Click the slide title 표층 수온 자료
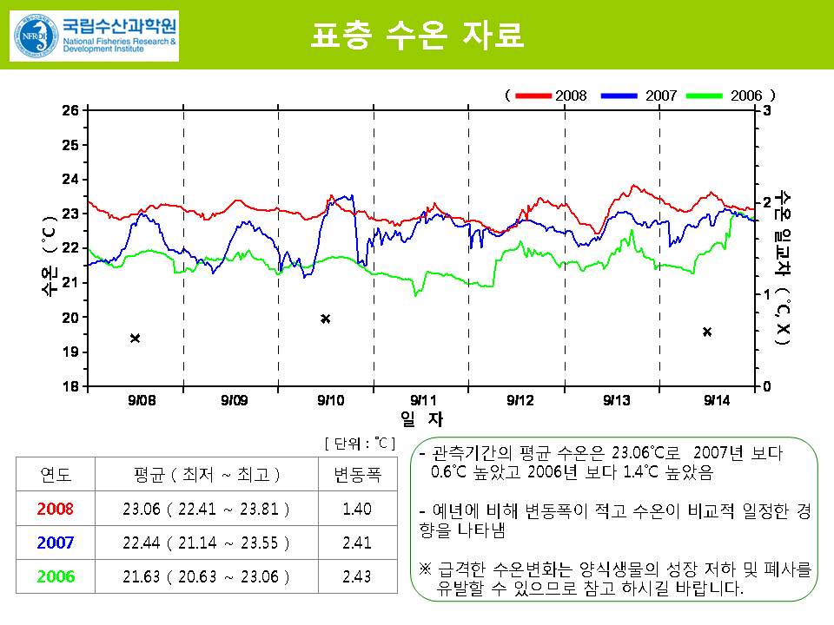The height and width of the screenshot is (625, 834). pos(418,36)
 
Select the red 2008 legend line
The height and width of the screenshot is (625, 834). pos(533,95)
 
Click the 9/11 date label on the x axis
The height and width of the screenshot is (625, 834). pos(423,400)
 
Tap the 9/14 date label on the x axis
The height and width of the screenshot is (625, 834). pos(717,400)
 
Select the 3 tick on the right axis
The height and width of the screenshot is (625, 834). pos(767,110)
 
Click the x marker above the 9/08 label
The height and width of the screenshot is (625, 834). pos(135,338)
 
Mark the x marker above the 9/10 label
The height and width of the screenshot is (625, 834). pos(326,319)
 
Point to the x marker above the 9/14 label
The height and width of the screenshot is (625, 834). pos(707,332)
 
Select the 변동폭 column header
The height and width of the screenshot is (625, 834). pos(357,475)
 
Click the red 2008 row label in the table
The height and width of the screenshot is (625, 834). pos(56,509)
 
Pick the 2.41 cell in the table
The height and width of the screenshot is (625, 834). pos(357,543)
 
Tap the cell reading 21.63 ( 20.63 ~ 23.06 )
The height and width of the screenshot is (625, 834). pos(207,576)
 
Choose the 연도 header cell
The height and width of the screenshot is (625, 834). pos(56,475)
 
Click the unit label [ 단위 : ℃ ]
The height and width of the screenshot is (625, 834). pos(360,443)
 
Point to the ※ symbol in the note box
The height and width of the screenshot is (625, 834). pos(425,569)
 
